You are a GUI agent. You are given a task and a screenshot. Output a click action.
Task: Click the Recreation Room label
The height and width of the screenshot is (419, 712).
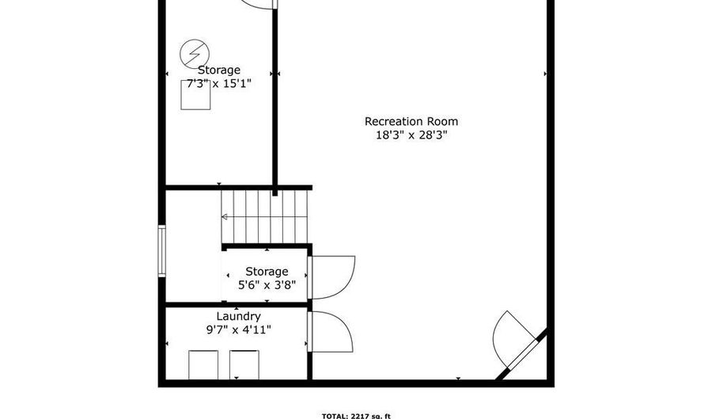[411, 121]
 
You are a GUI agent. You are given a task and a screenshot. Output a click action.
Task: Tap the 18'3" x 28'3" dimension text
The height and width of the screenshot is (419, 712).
[411, 135]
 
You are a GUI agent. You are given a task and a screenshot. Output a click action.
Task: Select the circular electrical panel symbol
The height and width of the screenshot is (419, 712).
[195, 54]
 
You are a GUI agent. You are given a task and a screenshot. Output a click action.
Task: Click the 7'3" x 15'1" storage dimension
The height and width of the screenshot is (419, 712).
[219, 84]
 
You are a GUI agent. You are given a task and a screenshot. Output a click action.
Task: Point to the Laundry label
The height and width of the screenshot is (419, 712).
[238, 316]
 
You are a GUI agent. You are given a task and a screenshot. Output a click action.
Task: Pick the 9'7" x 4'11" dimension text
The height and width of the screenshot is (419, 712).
[238, 329]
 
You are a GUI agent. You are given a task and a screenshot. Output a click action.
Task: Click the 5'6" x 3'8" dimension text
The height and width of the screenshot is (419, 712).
[267, 285]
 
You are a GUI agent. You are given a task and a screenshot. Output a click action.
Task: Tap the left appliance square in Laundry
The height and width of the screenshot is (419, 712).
[203, 364]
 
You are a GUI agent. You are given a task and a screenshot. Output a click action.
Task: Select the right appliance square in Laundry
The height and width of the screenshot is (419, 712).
[244, 364]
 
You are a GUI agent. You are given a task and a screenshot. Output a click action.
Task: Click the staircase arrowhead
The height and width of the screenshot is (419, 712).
[225, 217]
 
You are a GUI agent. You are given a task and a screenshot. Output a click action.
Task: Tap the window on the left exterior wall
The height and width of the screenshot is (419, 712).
[161, 250]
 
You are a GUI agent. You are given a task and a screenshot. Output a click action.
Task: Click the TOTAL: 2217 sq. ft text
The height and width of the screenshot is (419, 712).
[356, 415]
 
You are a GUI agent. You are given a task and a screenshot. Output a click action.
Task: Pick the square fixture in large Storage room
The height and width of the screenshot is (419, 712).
[195, 95]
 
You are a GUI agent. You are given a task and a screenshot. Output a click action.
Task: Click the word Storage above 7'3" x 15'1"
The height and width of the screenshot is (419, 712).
[219, 70]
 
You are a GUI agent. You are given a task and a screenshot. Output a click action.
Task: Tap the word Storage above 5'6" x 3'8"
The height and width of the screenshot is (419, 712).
[267, 272]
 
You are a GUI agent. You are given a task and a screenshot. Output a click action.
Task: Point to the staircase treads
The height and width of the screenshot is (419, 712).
[265, 217]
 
